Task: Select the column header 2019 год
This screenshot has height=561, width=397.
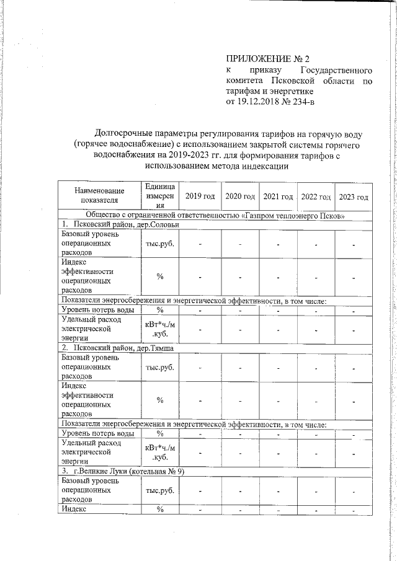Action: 200,197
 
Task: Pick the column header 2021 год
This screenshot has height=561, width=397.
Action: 278,197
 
